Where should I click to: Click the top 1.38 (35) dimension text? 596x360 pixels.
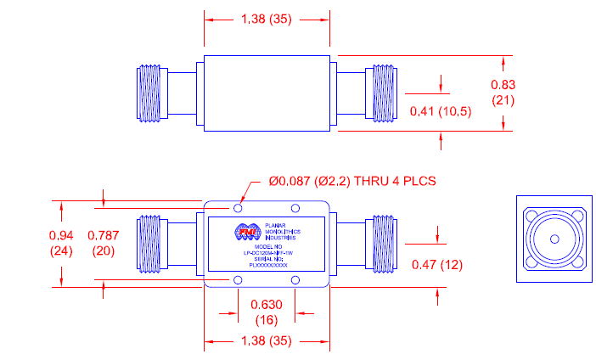click(x=266, y=20)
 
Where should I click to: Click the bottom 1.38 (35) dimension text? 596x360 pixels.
click(x=266, y=343)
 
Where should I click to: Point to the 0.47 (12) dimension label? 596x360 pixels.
click(x=436, y=264)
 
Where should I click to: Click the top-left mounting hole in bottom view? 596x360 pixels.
click(x=238, y=208)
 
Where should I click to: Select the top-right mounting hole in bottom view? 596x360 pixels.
click(x=294, y=208)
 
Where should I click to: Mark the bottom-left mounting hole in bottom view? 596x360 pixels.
click(x=238, y=281)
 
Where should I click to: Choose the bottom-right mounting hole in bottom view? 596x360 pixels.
click(x=294, y=281)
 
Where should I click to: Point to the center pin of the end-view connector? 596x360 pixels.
click(x=553, y=239)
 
